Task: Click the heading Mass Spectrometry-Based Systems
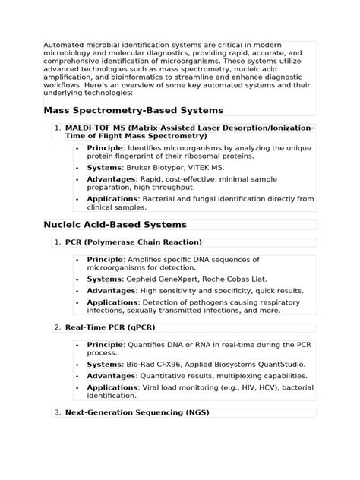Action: tap(133, 110)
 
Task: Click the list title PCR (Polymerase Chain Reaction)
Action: tap(134, 242)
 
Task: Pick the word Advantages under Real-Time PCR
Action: tap(110, 376)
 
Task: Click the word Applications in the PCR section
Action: tap(112, 302)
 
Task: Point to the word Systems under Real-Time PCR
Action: tap(104, 365)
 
